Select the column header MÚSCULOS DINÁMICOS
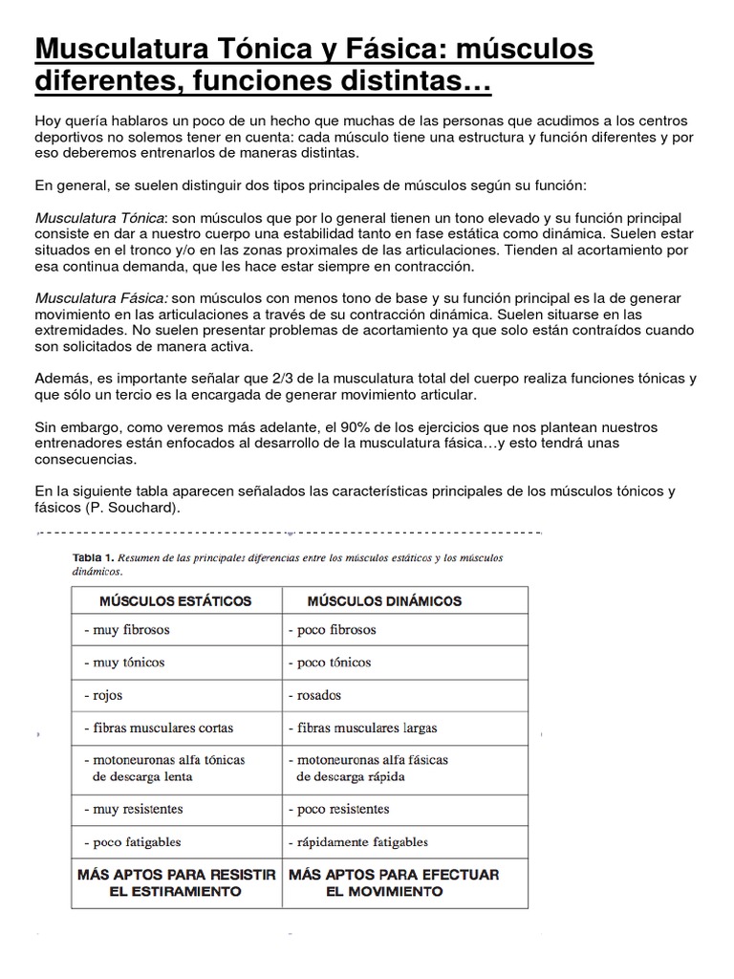click(x=384, y=601)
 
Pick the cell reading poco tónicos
click(x=334, y=663)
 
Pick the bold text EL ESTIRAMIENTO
click(x=175, y=891)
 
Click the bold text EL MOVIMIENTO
click(x=384, y=891)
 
